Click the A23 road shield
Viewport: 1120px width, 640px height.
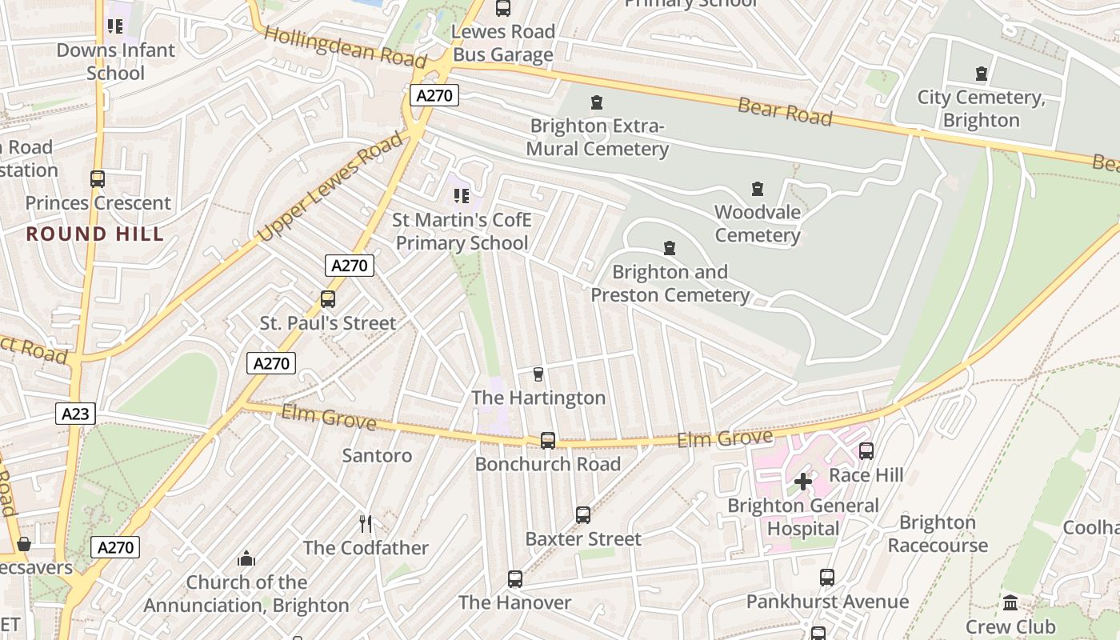click(76, 414)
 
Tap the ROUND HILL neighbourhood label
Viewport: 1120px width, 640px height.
click(95, 234)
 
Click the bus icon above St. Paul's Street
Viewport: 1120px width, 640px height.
click(328, 299)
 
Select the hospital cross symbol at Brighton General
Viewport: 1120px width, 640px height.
click(803, 482)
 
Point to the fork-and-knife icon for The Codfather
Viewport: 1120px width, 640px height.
click(366, 524)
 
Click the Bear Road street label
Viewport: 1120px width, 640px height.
click(785, 111)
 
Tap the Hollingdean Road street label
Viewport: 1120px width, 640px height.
click(345, 47)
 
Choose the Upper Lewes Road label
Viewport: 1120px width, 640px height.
click(331, 188)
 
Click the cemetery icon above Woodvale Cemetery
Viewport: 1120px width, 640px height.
click(757, 190)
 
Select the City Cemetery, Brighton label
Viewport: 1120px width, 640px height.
click(981, 109)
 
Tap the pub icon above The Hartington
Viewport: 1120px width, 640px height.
click(538, 374)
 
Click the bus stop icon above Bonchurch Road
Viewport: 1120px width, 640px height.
click(548, 440)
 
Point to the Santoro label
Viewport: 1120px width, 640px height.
click(377, 456)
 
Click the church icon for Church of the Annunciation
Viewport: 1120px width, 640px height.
click(246, 558)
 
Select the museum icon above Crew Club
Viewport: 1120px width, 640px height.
click(1010, 602)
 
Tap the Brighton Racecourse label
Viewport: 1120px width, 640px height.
click(938, 534)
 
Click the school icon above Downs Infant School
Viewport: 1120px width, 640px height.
click(115, 26)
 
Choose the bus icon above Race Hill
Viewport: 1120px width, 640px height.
click(866, 451)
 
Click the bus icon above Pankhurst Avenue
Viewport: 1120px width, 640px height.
click(827, 578)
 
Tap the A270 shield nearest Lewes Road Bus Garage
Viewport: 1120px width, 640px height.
click(434, 96)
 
